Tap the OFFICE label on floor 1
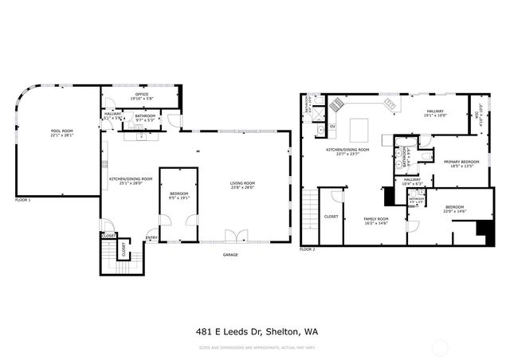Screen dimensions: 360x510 (141, 95)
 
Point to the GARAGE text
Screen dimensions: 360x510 (230, 255)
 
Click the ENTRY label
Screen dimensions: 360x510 (151, 237)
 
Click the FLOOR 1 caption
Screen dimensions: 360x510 (22, 200)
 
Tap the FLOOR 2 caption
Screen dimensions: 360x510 (307, 249)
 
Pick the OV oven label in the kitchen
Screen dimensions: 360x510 (332, 126)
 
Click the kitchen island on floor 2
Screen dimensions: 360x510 (359, 128)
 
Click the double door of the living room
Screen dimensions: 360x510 (232, 235)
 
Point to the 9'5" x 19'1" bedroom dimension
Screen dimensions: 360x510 (178, 196)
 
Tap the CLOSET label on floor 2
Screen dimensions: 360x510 (331, 216)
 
